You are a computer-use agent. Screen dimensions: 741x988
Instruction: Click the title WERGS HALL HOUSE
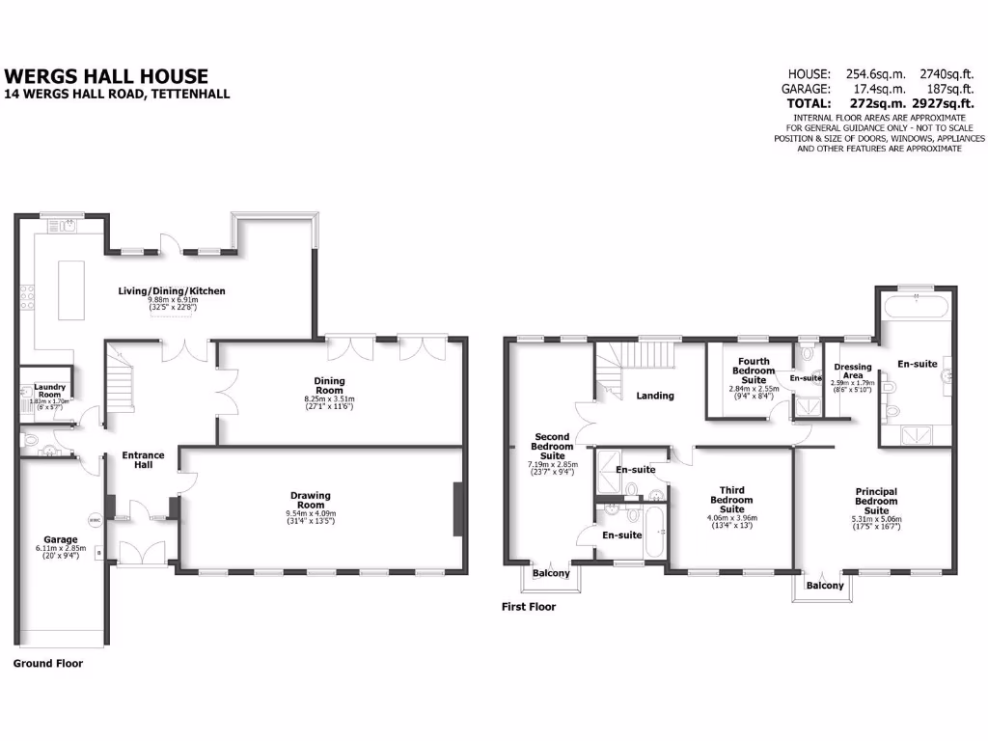click(106, 75)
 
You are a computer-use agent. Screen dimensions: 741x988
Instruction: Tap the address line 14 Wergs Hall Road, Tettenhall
click(117, 94)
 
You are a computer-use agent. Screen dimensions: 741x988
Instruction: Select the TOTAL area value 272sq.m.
click(865, 102)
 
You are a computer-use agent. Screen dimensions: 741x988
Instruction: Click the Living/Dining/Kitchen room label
click(172, 290)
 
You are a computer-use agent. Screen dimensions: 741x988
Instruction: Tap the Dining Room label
click(330, 385)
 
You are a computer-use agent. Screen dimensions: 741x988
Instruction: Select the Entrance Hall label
click(143, 460)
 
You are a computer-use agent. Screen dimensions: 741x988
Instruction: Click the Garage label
click(59, 539)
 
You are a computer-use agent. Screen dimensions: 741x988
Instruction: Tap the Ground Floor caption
click(47, 664)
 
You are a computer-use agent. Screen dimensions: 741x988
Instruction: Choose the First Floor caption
click(528, 607)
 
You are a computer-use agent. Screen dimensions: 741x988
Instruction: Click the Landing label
click(654, 396)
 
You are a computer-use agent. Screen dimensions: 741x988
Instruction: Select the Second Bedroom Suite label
click(554, 447)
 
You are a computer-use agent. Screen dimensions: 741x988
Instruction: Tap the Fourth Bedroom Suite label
click(754, 370)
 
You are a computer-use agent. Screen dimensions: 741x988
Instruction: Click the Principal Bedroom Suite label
click(877, 501)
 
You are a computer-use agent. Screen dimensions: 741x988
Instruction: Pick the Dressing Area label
click(852, 371)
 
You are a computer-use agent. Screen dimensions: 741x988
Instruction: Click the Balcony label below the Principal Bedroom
click(825, 586)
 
